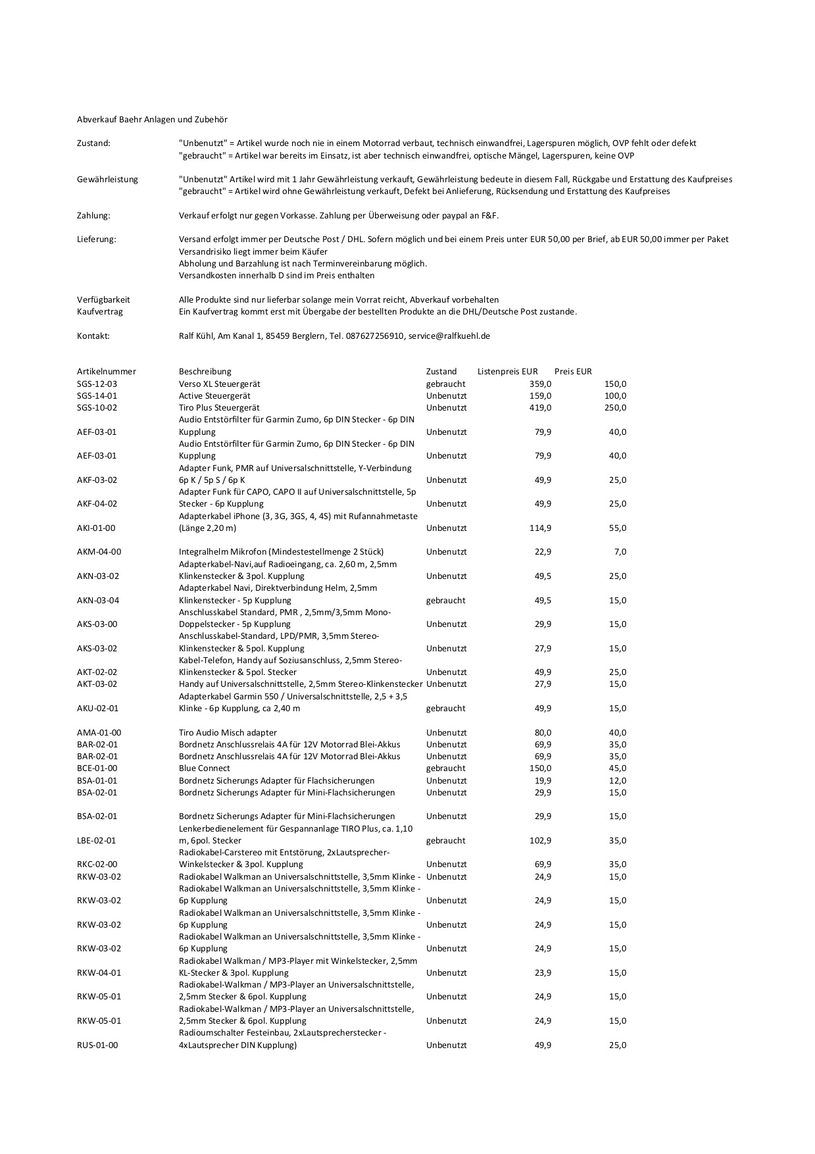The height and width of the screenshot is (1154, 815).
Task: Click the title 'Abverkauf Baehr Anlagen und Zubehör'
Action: pos(152,119)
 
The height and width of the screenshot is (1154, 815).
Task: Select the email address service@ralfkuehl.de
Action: pos(449,336)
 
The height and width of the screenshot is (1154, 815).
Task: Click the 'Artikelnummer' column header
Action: pos(107,371)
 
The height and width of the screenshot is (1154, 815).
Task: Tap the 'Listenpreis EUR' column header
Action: pos(507,371)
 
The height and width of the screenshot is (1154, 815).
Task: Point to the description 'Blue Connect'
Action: pos(205,768)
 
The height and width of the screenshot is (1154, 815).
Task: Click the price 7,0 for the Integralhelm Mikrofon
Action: pos(620,551)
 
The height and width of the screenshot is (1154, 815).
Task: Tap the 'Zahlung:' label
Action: pos(93,215)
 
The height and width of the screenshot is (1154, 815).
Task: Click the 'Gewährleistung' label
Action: pos(107,179)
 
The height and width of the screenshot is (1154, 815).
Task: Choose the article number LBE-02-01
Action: pos(97,840)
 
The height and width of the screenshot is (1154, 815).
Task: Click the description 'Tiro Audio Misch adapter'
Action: pos(228,732)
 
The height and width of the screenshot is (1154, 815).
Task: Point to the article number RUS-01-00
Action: pos(97,1045)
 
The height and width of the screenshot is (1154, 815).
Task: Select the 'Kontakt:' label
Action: pos(93,336)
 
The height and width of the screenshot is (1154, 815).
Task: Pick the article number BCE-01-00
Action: pos(97,768)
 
